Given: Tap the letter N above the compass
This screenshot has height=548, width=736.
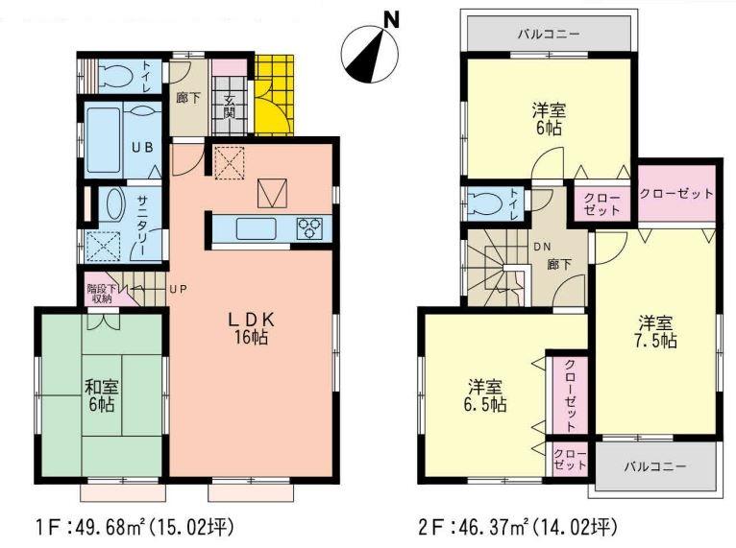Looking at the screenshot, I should coord(390,17).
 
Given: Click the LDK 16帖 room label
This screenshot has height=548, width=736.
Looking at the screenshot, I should coord(254,325).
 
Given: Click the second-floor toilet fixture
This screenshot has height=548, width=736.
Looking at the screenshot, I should coord(482,203).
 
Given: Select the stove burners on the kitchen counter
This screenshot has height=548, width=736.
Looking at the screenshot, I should coord(309,227).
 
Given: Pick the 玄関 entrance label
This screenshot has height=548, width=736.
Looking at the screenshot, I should coord(230,105).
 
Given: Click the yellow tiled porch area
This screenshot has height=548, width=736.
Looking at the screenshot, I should coord(274,94).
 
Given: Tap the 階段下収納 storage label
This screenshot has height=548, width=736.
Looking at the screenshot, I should coord(102,293).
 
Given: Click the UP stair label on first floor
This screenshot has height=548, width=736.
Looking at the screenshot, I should coord(179,288).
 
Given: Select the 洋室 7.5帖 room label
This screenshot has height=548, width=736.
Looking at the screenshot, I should coord(657,331).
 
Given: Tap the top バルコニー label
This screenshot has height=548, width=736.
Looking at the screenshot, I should coord(548,34).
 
